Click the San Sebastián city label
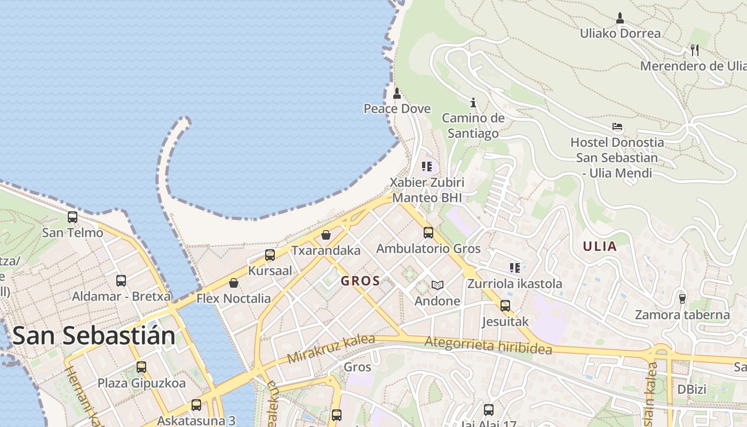tap(94, 336)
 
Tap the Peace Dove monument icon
tap(396, 94)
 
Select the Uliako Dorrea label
tap(620, 33)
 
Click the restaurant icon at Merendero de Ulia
tap(694, 50)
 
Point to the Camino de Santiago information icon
tap(473, 102)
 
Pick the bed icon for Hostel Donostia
tap(617, 127)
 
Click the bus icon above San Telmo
tap(73, 217)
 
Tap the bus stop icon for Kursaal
tap(270, 255)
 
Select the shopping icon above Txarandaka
tap(326, 235)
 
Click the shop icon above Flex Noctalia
tap(234, 283)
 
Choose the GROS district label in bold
tap(361, 281)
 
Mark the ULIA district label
tap(600, 246)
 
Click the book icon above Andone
tap(438, 286)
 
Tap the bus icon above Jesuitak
tap(505, 306)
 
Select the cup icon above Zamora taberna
tap(682, 298)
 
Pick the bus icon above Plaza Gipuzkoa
tap(141, 367)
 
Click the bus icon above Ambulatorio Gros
tap(428, 233)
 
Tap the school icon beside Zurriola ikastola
tap(515, 268)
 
